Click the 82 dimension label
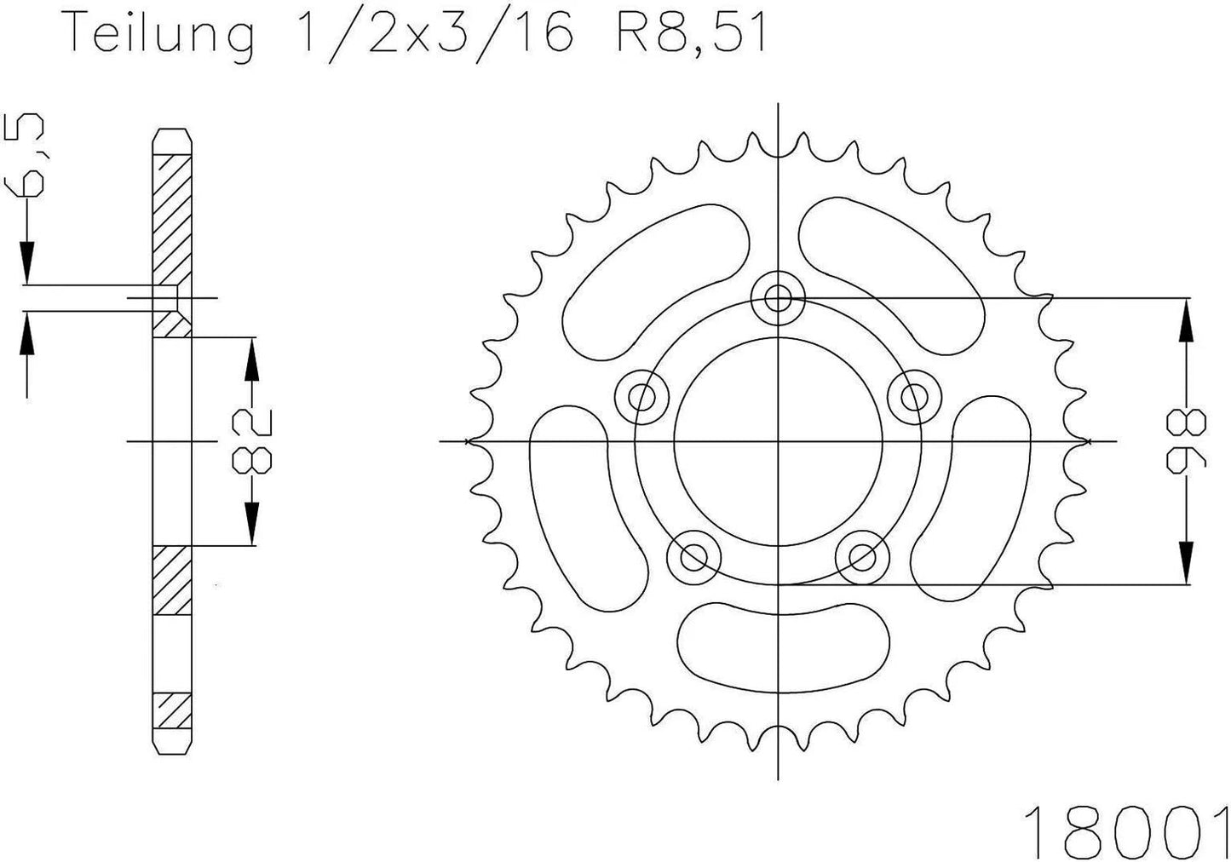(x=250, y=441)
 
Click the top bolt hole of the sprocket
(x=778, y=298)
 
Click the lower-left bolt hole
(x=694, y=558)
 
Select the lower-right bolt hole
(x=861, y=558)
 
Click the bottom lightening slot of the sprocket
(x=784, y=638)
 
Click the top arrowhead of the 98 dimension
(x=1184, y=324)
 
